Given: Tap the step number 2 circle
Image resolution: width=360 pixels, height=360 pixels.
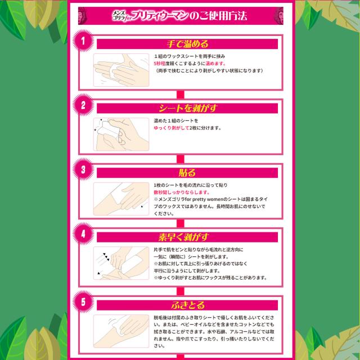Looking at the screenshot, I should coord(83,105).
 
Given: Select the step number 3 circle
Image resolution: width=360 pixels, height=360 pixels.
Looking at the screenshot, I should coord(83,169).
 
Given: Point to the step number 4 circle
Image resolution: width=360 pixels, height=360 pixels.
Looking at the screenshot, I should coord(83,233).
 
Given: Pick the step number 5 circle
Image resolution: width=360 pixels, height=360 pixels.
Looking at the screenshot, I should coord(83,301).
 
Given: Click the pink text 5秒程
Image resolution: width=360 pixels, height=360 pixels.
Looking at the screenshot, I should coord(161,64).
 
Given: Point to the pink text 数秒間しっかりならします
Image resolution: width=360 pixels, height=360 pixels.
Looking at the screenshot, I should coord(180,192).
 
